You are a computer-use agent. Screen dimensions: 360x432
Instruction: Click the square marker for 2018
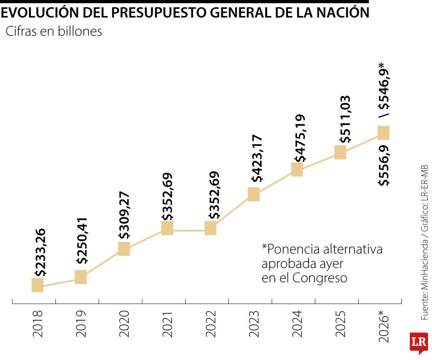(x=37, y=285)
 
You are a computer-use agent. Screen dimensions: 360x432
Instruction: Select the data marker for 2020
(x=124, y=248)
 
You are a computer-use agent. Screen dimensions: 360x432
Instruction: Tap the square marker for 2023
(x=254, y=194)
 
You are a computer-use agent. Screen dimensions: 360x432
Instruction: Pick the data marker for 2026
(x=383, y=133)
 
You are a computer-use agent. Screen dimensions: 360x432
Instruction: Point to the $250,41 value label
(x=83, y=241)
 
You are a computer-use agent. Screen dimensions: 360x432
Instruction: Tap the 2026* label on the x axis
(x=384, y=327)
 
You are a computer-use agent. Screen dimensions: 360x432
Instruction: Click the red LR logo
(x=419, y=342)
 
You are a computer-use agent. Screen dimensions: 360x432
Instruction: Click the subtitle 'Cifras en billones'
(x=54, y=32)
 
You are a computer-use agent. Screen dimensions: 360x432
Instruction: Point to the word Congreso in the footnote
(x=320, y=278)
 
